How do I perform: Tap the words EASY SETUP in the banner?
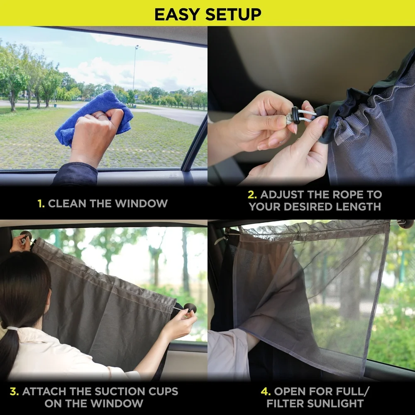pyautogui.click(x=207, y=14)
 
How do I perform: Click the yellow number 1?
pyautogui.click(x=41, y=204)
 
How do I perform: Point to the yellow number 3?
pyautogui.click(x=14, y=391)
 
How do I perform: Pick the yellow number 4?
pyautogui.click(x=265, y=391)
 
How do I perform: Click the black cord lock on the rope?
pyautogui.click(x=295, y=116)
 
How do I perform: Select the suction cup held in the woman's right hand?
pyautogui.click(x=190, y=308)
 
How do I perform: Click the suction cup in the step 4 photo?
pyautogui.click(x=405, y=224)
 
